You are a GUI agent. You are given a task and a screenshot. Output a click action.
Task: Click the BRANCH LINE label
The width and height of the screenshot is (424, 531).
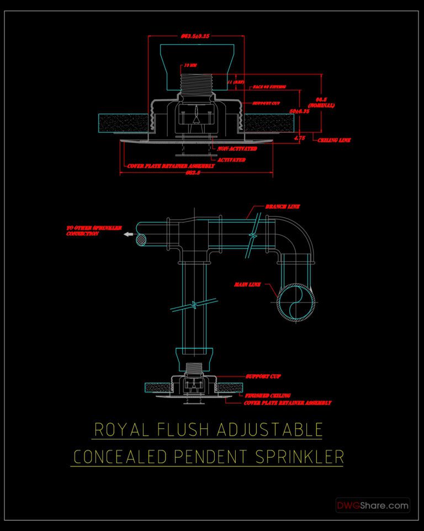[x=282, y=207]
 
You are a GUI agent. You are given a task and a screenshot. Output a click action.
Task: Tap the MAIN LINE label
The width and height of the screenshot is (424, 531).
[x=247, y=284]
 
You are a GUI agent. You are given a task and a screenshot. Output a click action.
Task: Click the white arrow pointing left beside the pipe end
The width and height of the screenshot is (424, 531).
[x=129, y=235]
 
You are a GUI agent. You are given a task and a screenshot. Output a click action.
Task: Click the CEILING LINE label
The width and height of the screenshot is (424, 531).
[x=335, y=140]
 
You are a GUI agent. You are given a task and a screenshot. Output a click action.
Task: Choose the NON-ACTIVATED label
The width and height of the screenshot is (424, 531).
[x=237, y=149]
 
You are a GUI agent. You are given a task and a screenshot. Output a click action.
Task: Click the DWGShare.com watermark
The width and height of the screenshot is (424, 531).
[x=373, y=505]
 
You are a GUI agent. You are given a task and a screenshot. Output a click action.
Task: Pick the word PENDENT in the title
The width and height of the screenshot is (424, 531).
[x=208, y=457]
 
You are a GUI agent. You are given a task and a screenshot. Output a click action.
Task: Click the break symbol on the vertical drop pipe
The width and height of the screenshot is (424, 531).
[x=194, y=303]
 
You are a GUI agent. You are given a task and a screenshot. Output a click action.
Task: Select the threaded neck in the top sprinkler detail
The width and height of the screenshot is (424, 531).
[x=196, y=85]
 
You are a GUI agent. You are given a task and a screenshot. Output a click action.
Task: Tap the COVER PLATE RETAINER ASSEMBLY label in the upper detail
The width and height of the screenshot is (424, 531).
[x=171, y=166]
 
